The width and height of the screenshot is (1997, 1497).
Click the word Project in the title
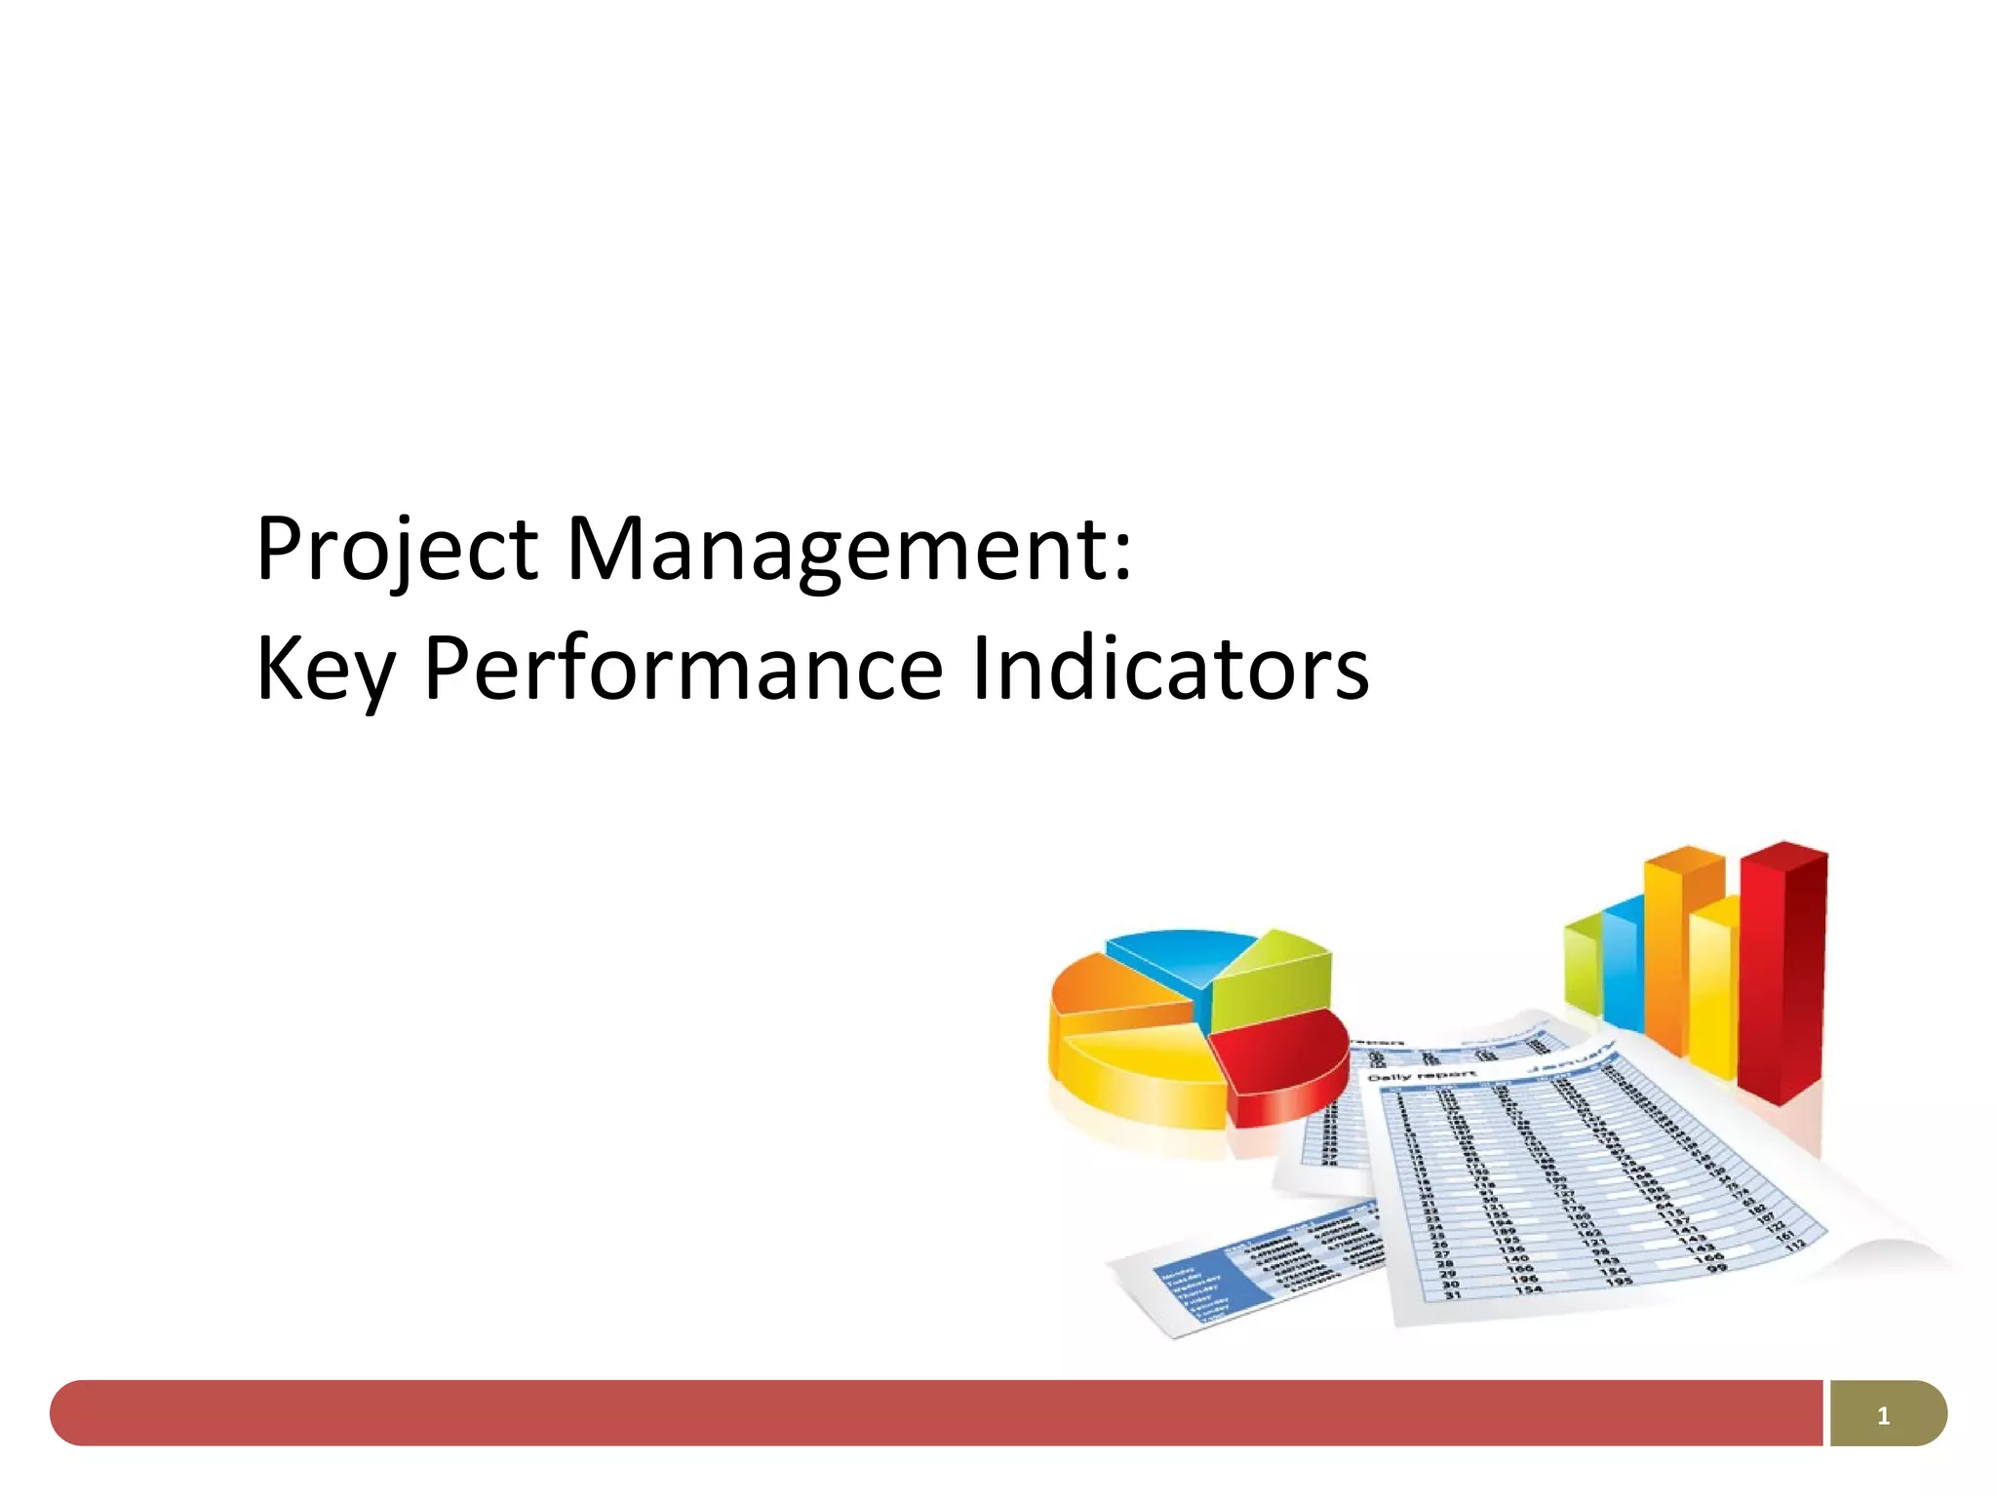(396, 550)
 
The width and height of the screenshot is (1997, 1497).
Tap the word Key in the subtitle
(325, 671)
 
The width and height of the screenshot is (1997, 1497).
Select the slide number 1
(1883, 1415)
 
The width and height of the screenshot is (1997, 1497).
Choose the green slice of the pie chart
(1273, 979)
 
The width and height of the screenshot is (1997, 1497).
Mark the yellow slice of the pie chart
(1141, 1072)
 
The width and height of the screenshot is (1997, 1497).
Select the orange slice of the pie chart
(1112, 994)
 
